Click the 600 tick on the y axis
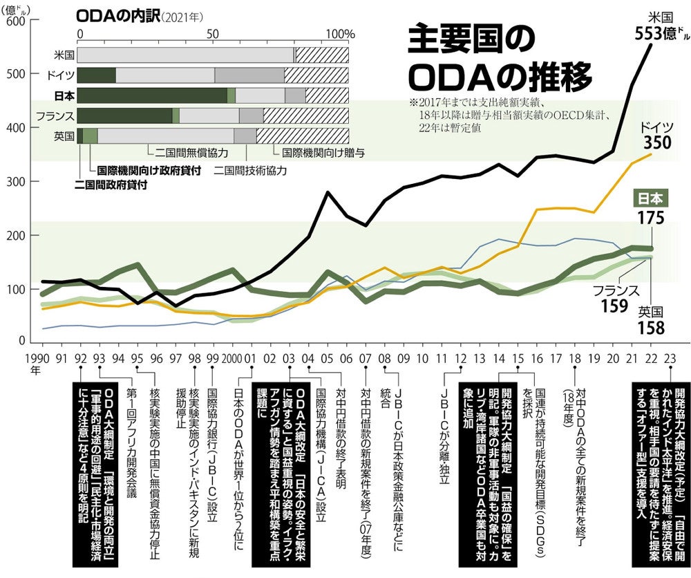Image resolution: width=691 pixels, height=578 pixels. (15, 21)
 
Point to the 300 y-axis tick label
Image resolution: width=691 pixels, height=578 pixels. (15, 182)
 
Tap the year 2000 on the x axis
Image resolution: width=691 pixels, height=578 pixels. (233, 359)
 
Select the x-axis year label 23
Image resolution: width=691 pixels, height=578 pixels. (668, 359)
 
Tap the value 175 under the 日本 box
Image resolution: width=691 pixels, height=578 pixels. (652, 219)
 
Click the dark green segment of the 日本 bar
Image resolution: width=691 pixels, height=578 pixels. (151, 95)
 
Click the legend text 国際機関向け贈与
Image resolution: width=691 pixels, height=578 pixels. (322, 149)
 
